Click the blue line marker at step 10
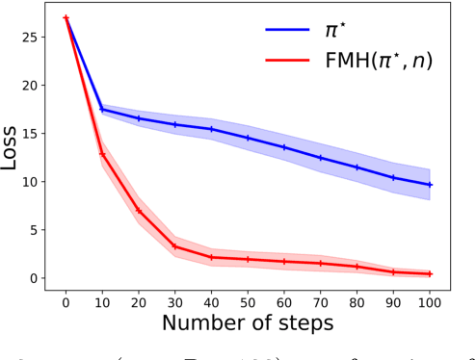(x=102, y=110)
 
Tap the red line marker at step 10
(x=102, y=154)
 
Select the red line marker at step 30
(x=174, y=246)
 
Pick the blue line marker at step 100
(x=430, y=185)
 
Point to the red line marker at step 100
(x=430, y=274)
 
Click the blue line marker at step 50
(x=248, y=138)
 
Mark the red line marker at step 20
(x=139, y=211)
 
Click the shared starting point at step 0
(x=66, y=17)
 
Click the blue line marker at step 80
(x=357, y=167)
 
